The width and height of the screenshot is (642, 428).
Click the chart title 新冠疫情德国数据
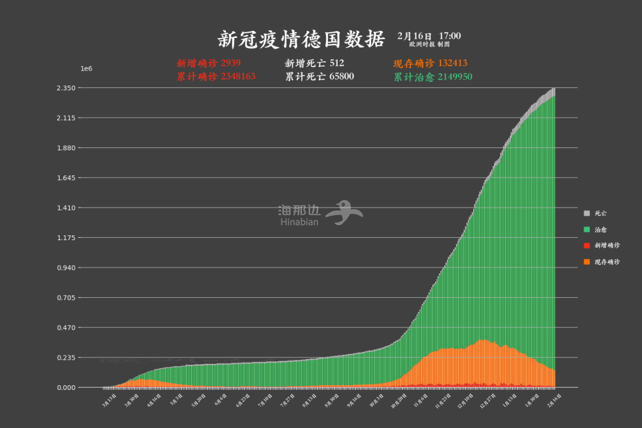(x=301, y=39)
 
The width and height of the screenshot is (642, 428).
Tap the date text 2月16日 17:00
(x=429, y=36)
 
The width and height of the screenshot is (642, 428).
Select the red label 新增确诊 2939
(x=208, y=63)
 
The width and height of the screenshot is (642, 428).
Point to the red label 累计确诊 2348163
(x=216, y=77)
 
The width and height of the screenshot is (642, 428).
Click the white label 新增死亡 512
(x=314, y=63)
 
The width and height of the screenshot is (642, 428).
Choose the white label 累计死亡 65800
(x=319, y=77)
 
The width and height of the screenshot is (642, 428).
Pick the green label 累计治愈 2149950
(x=433, y=77)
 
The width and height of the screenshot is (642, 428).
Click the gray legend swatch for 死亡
(x=587, y=213)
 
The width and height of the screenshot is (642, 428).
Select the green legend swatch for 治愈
(x=587, y=229)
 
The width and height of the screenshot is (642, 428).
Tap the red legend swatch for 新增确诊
(x=587, y=246)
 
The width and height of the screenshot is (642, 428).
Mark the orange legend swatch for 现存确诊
(x=587, y=262)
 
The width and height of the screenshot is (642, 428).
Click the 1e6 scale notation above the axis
(x=86, y=69)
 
